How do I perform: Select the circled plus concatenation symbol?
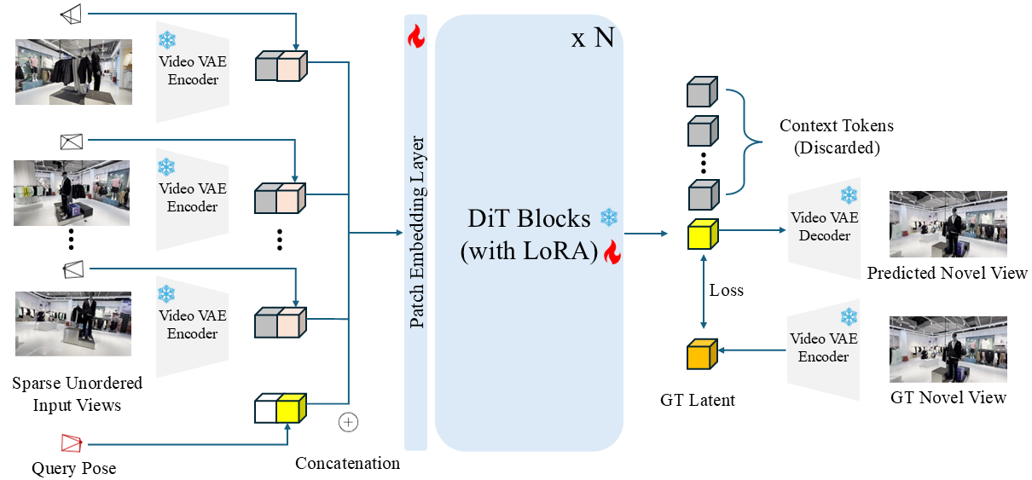tap(348, 422)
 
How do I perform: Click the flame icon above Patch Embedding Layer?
tap(415, 36)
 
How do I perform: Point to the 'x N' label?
tap(592, 38)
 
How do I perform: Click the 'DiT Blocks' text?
tap(529, 218)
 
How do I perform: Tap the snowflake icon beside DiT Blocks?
tap(608, 217)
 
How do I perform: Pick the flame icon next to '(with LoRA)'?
tap(610, 252)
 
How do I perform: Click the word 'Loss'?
tap(727, 291)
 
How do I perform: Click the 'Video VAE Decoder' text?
tap(824, 226)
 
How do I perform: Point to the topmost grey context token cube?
tap(703, 91)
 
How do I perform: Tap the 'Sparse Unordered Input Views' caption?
tap(78, 394)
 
